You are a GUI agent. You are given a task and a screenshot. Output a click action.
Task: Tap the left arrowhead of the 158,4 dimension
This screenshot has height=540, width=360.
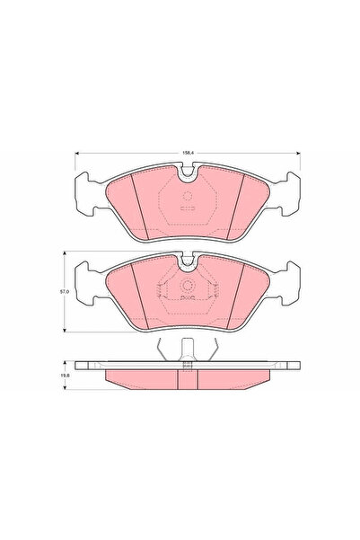[77, 153]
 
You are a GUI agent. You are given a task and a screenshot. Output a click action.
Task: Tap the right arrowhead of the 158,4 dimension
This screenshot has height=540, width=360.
[298, 153]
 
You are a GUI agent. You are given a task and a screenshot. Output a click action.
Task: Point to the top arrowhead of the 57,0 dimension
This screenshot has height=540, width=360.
[65, 253]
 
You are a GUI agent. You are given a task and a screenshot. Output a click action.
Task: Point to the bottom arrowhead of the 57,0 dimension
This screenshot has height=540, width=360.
[65, 330]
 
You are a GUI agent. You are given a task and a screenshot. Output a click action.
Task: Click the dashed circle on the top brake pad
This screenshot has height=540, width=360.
[187, 196]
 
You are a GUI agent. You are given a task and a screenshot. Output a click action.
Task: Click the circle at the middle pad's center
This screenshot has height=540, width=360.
[188, 286]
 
